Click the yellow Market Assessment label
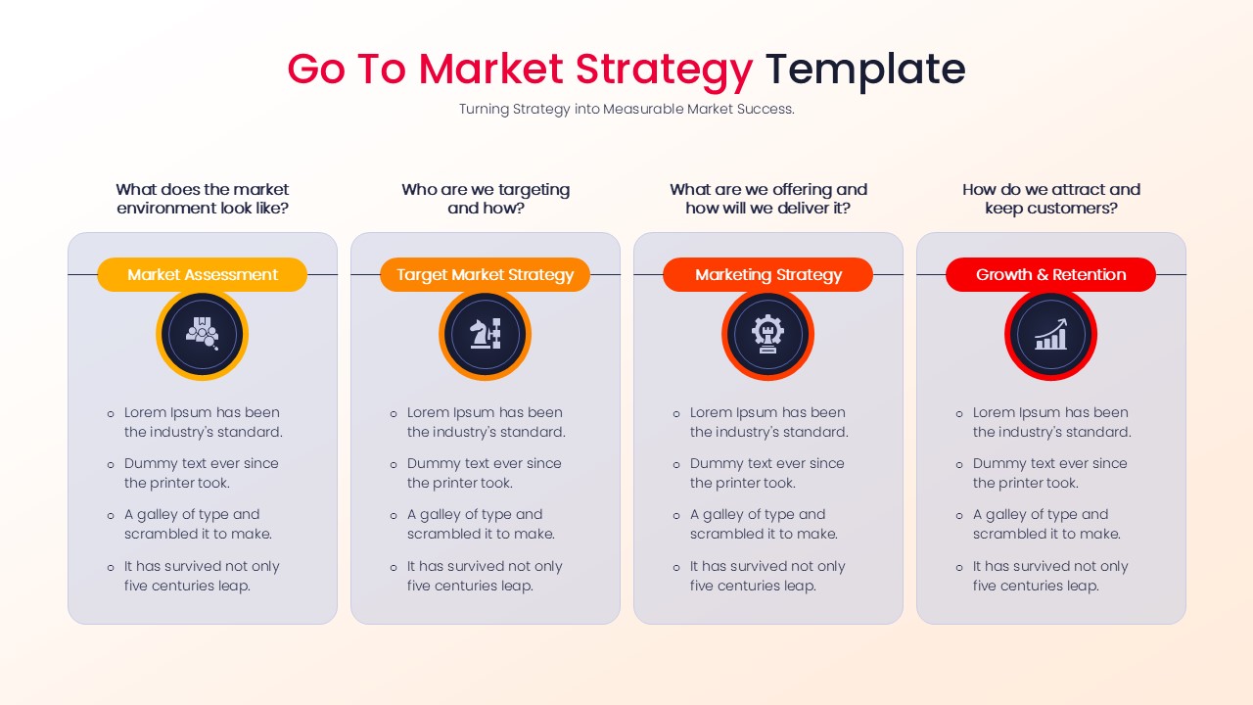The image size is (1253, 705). click(202, 275)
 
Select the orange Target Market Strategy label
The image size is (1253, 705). click(485, 275)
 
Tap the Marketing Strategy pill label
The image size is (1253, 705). click(767, 275)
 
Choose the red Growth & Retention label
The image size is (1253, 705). click(1050, 275)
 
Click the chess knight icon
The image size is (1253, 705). click(485, 335)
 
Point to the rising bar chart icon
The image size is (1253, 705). click(1050, 335)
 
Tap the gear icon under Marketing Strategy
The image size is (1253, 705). click(767, 335)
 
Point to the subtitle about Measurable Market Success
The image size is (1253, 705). click(626, 110)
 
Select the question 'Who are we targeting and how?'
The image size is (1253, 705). click(485, 199)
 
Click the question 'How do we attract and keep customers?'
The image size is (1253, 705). click(1050, 199)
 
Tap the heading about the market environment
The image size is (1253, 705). click(202, 199)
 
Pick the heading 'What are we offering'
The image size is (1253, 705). click(767, 199)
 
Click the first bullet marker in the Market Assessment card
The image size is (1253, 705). click(111, 414)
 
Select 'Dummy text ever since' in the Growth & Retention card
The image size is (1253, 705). click(1049, 464)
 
